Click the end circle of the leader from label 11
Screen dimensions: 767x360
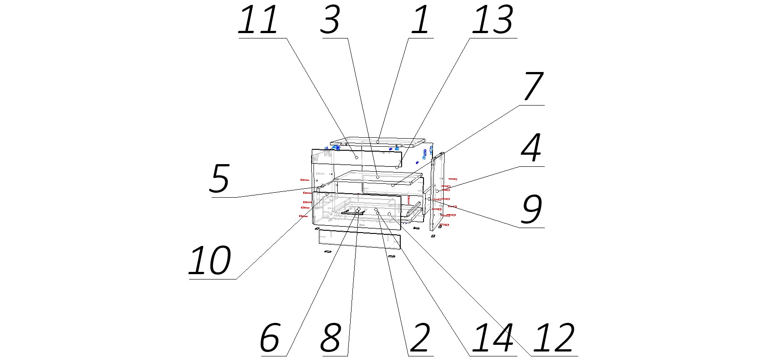pos(356,157)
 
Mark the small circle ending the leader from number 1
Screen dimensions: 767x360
pos(378,141)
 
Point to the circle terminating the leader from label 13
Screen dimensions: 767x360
pos(397,167)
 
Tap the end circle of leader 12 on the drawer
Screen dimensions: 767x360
pos(390,214)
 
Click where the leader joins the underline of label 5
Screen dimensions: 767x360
pos(237,197)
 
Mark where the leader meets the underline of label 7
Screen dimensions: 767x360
pos(519,106)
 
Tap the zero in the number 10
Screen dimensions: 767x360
pos(219,260)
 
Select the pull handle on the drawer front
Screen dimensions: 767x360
pos(352,213)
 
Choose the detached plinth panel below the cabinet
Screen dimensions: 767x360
pos(360,239)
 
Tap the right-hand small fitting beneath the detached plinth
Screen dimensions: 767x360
pos(392,256)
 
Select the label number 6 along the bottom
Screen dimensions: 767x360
pos(270,338)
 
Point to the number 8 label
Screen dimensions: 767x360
pos(331,338)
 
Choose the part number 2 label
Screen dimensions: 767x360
pos(420,338)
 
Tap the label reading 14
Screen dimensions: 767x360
pos(493,338)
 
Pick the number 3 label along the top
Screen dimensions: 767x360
pos(331,20)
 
